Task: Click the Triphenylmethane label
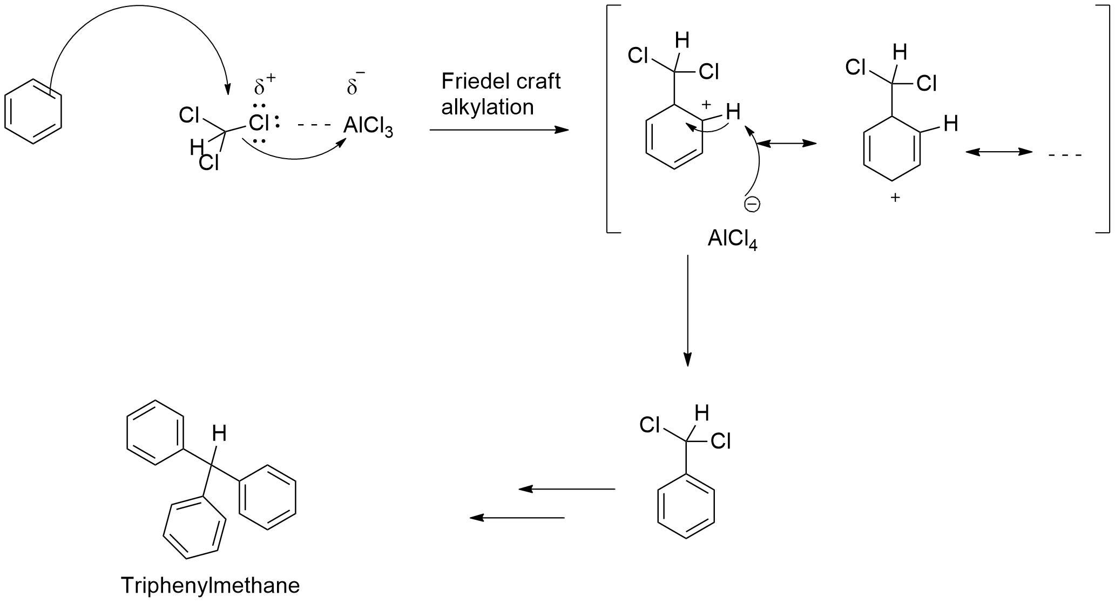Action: point(210,586)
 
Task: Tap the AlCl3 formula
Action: point(368,127)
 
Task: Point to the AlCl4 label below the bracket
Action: point(732,240)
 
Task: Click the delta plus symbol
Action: point(265,85)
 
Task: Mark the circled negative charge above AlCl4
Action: point(752,204)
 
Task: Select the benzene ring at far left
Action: point(33,112)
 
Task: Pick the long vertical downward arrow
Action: point(687,310)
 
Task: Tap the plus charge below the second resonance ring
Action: point(895,198)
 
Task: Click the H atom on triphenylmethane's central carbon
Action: point(218,433)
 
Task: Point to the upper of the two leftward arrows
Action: point(567,489)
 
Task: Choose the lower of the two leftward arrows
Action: point(517,518)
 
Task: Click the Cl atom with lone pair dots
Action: point(259,123)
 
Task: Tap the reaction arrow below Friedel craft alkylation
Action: point(499,130)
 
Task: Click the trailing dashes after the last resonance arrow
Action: point(1065,155)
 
